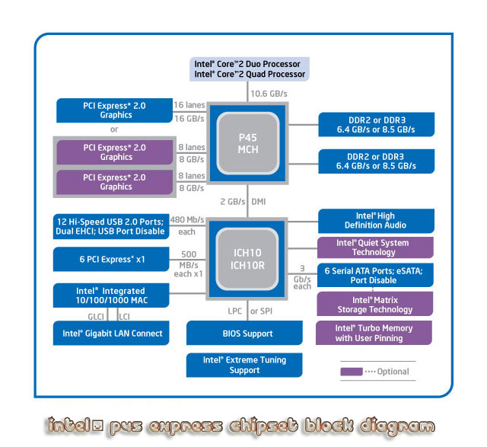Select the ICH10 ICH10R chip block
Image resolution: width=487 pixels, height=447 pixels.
click(248, 258)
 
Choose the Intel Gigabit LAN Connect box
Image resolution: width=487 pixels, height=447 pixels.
click(112, 334)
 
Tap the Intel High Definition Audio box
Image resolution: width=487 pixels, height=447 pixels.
click(375, 221)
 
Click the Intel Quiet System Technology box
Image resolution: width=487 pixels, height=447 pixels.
click(375, 247)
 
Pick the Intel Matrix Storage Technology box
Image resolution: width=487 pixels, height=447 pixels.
click(375, 305)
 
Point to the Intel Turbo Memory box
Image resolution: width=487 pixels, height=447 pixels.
click(375, 333)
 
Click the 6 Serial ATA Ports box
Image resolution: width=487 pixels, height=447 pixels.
click(375, 276)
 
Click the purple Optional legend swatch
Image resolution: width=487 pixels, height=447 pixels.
click(352, 372)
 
